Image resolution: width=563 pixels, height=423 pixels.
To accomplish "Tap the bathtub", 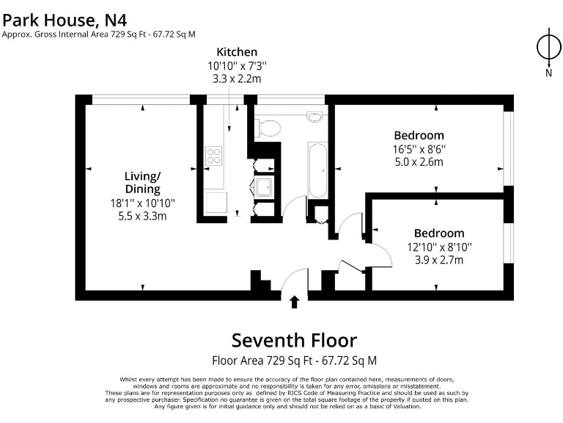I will tap(318, 170).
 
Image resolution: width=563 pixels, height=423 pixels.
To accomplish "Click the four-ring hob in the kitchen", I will tap(215, 156).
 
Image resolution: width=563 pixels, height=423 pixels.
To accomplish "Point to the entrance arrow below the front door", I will tap(295, 302).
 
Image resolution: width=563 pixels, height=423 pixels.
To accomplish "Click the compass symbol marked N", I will tap(548, 47).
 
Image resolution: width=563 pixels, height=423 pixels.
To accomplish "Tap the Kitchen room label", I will tap(237, 52).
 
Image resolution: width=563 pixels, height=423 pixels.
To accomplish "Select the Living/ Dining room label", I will tap(142, 183).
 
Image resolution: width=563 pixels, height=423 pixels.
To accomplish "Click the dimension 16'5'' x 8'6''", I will tap(419, 149).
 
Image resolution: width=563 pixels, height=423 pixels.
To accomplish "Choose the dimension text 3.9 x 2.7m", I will tap(438, 260).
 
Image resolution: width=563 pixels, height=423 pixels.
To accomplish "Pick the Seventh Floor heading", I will tap(294, 341).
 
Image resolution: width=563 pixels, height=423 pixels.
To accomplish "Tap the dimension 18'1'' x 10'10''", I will tap(142, 203).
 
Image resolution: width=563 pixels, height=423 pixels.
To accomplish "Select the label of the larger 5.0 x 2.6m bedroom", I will tap(419, 135).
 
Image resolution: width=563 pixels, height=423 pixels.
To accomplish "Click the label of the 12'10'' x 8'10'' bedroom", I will tap(438, 234).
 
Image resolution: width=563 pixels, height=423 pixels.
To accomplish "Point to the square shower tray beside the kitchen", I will tap(264, 188).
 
